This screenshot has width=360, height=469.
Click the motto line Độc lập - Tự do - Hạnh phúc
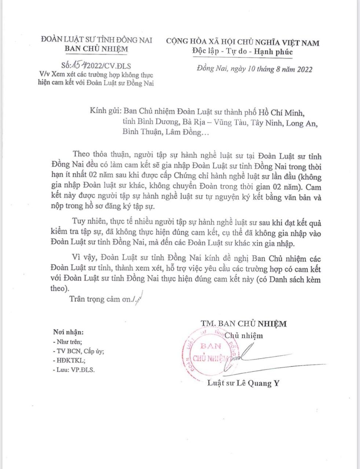point(242,52)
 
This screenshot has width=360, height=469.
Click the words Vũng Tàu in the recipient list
point(231,123)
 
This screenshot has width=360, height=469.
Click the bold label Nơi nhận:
point(68,332)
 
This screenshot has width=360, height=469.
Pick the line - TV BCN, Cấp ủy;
point(78,351)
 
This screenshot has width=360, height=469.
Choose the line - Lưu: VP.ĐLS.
point(74,370)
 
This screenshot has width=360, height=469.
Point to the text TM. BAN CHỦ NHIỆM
point(243,323)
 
